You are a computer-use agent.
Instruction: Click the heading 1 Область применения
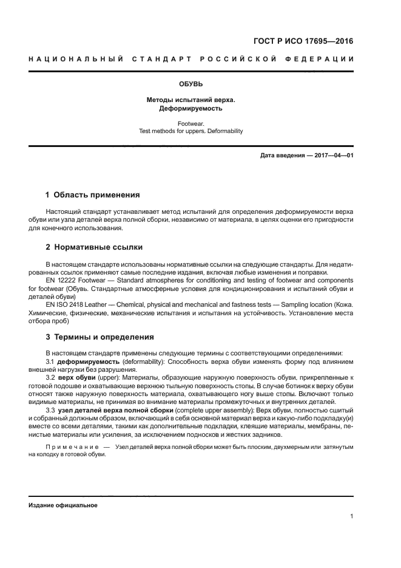pos(93,195)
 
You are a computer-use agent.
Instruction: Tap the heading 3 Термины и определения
pos(100,337)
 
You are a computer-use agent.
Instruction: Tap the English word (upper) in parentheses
pos(109,377)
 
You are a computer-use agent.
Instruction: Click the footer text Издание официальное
pos(62,505)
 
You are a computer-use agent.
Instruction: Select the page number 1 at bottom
pos(352,516)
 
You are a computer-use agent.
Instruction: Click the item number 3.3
pos(50,410)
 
